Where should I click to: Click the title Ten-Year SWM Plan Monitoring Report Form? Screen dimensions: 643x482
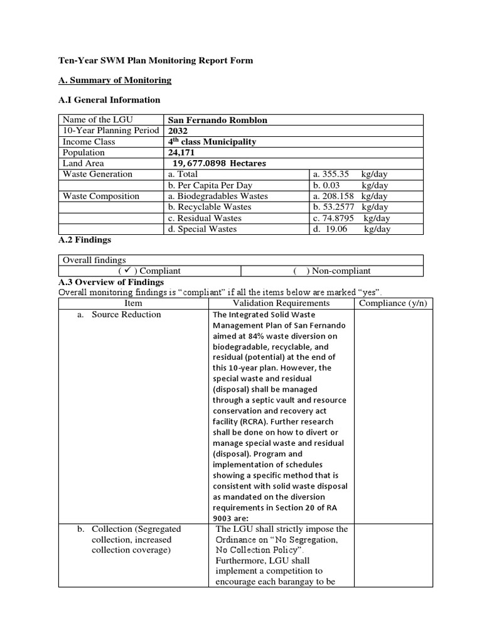pyautogui.click(x=156, y=60)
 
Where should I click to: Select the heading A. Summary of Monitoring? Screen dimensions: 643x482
pyautogui.click(x=115, y=80)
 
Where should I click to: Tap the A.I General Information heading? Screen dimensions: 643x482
pyautogui.click(x=109, y=100)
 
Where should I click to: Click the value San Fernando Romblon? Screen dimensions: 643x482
pyautogui.click(x=213, y=120)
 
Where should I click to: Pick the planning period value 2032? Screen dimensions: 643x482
pyautogui.click(x=179, y=131)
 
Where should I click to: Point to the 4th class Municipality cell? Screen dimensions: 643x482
pyautogui.click(x=212, y=142)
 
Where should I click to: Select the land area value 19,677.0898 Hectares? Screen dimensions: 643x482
pyautogui.click(x=219, y=163)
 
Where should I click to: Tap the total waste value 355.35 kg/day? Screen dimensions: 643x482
pyautogui.click(x=351, y=174)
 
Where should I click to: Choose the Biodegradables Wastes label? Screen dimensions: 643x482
pyautogui.click(x=218, y=196)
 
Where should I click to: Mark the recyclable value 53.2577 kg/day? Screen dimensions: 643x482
pyautogui.click(x=351, y=207)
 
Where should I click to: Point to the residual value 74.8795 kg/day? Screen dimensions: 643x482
pyautogui.click(x=351, y=218)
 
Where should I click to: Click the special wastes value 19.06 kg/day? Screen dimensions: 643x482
pyautogui.click(x=351, y=229)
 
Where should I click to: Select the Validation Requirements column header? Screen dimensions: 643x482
pyautogui.click(x=281, y=303)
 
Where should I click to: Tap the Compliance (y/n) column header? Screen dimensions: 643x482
pyautogui.click(x=392, y=303)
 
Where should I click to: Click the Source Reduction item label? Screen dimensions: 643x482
pyautogui.click(x=126, y=315)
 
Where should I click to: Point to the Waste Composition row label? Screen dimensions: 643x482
pyautogui.click(x=101, y=196)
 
